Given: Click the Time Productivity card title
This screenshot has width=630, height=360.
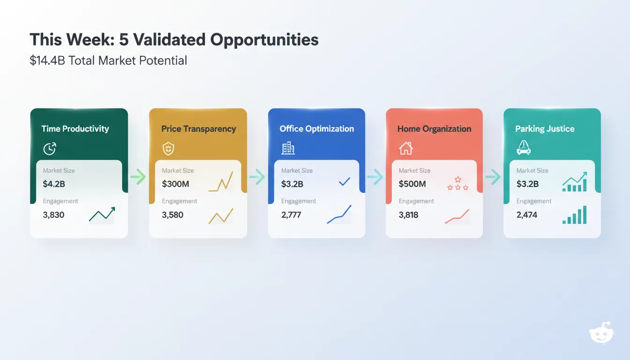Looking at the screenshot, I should click(x=75, y=129).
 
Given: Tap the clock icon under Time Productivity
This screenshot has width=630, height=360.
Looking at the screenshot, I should click(x=50, y=149).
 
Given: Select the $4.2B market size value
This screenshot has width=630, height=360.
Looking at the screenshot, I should click(x=54, y=184).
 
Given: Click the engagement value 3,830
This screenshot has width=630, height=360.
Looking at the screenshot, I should click(x=53, y=215).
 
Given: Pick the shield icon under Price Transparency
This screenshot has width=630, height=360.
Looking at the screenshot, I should click(x=168, y=149).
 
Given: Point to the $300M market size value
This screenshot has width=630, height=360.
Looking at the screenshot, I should click(x=175, y=184).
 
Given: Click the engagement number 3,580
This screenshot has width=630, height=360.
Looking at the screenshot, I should click(x=172, y=215).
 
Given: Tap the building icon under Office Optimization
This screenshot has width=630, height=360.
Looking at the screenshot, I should click(x=288, y=149).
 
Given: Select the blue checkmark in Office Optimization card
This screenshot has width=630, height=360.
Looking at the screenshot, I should click(x=345, y=181).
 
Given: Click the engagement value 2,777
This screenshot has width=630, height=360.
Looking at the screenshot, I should click(x=291, y=215).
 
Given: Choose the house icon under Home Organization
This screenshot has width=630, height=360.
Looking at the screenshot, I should click(x=405, y=149).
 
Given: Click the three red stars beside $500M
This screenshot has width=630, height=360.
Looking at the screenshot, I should click(x=457, y=184).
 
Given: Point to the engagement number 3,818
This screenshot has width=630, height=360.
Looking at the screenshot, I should click(x=408, y=215).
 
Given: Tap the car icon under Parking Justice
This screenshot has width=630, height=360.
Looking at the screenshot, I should click(x=523, y=149).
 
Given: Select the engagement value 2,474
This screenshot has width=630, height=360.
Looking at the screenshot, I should click(x=526, y=215).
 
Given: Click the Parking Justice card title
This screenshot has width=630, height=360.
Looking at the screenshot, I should click(x=545, y=129).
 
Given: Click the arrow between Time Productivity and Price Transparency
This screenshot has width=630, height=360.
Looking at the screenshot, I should click(x=138, y=177).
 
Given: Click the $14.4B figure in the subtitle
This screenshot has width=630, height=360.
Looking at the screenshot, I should click(x=47, y=60).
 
